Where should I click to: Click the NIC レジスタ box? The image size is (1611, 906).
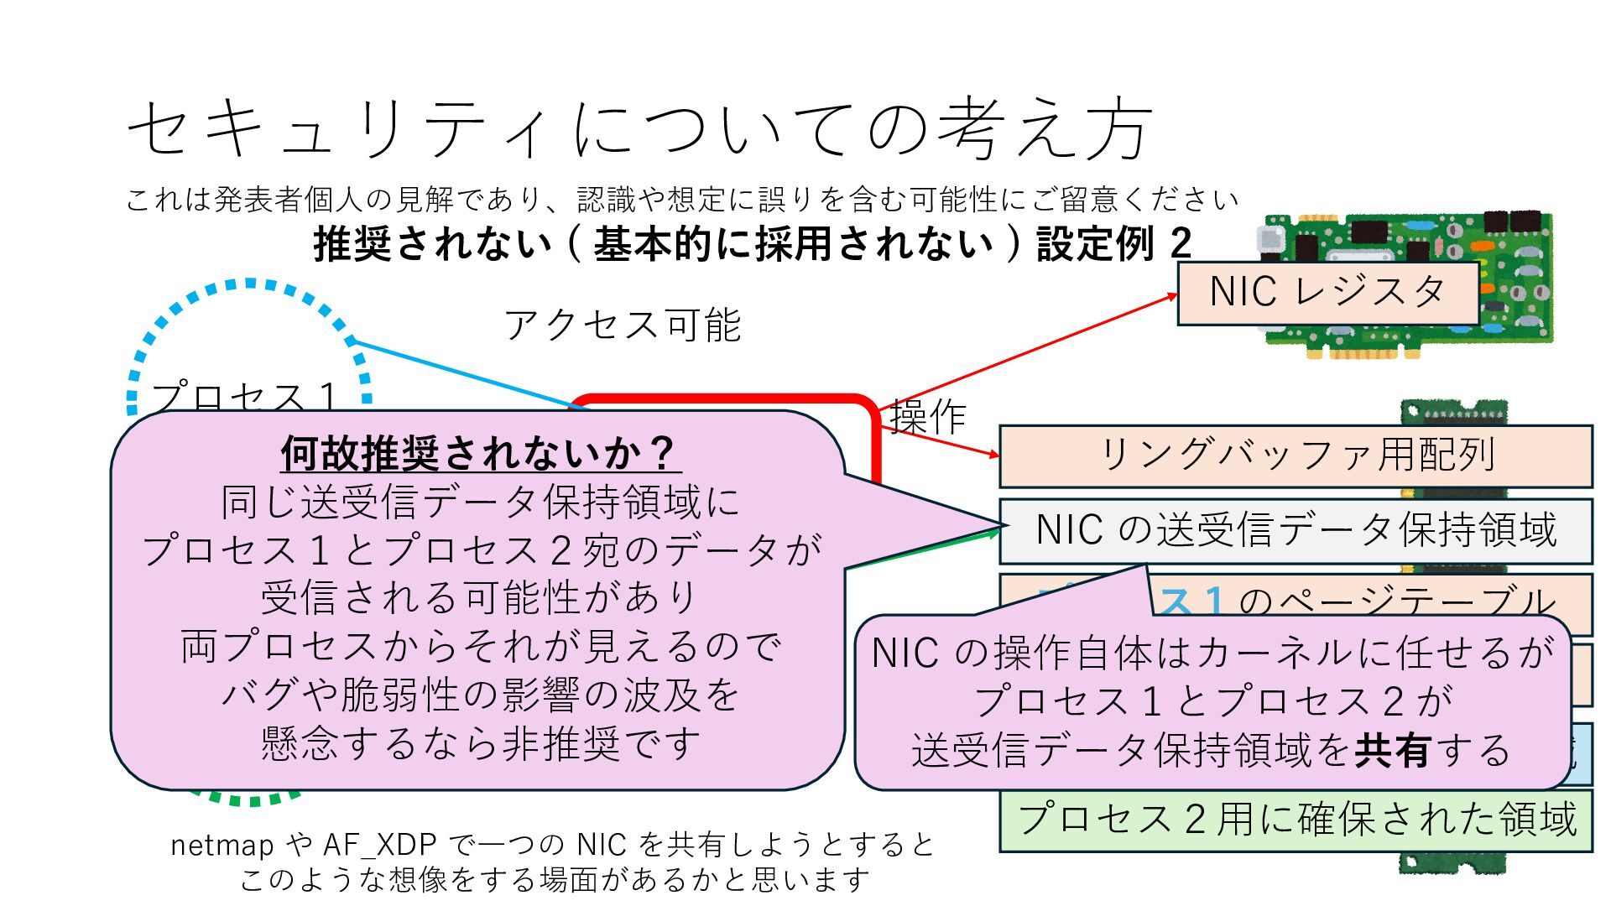1327,293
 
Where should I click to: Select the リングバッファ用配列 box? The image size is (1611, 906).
1296,456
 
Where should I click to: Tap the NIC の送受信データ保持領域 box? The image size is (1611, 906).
1296,531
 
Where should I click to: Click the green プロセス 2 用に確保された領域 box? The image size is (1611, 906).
1296,818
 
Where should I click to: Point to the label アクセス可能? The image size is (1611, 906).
623,325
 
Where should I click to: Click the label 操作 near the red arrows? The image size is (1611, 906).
927,417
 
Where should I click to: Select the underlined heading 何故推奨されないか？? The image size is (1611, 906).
479,454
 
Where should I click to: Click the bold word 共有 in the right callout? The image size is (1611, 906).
1393,750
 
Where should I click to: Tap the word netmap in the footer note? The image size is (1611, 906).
220,845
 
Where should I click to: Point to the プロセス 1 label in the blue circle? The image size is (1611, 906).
244,396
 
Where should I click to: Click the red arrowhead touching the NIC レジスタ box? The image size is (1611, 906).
1172,295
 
